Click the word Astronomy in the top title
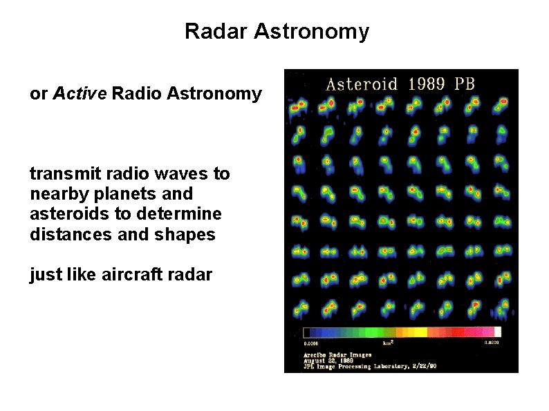pos(312,32)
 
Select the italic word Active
pos(80,93)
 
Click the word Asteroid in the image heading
pos(361,84)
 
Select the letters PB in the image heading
pos(465,84)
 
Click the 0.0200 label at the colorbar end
pos(491,342)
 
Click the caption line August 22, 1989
pos(331,360)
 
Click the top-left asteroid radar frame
pos(299,106)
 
